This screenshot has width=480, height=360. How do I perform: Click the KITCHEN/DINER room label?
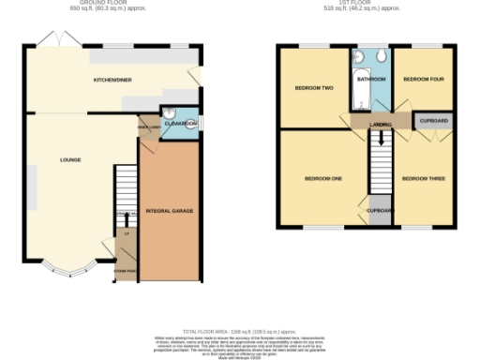tap(112, 81)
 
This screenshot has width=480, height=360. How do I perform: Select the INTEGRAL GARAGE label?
tap(170, 212)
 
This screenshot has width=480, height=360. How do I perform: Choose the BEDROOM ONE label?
tap(322, 178)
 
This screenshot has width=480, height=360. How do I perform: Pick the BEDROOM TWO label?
tap(314, 88)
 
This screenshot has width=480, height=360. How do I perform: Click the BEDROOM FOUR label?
tap(423, 80)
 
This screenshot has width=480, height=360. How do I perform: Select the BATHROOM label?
tap(371, 81)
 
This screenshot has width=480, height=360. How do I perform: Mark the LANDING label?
tap(380, 124)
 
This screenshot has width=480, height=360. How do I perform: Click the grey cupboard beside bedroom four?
tap(432, 122)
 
